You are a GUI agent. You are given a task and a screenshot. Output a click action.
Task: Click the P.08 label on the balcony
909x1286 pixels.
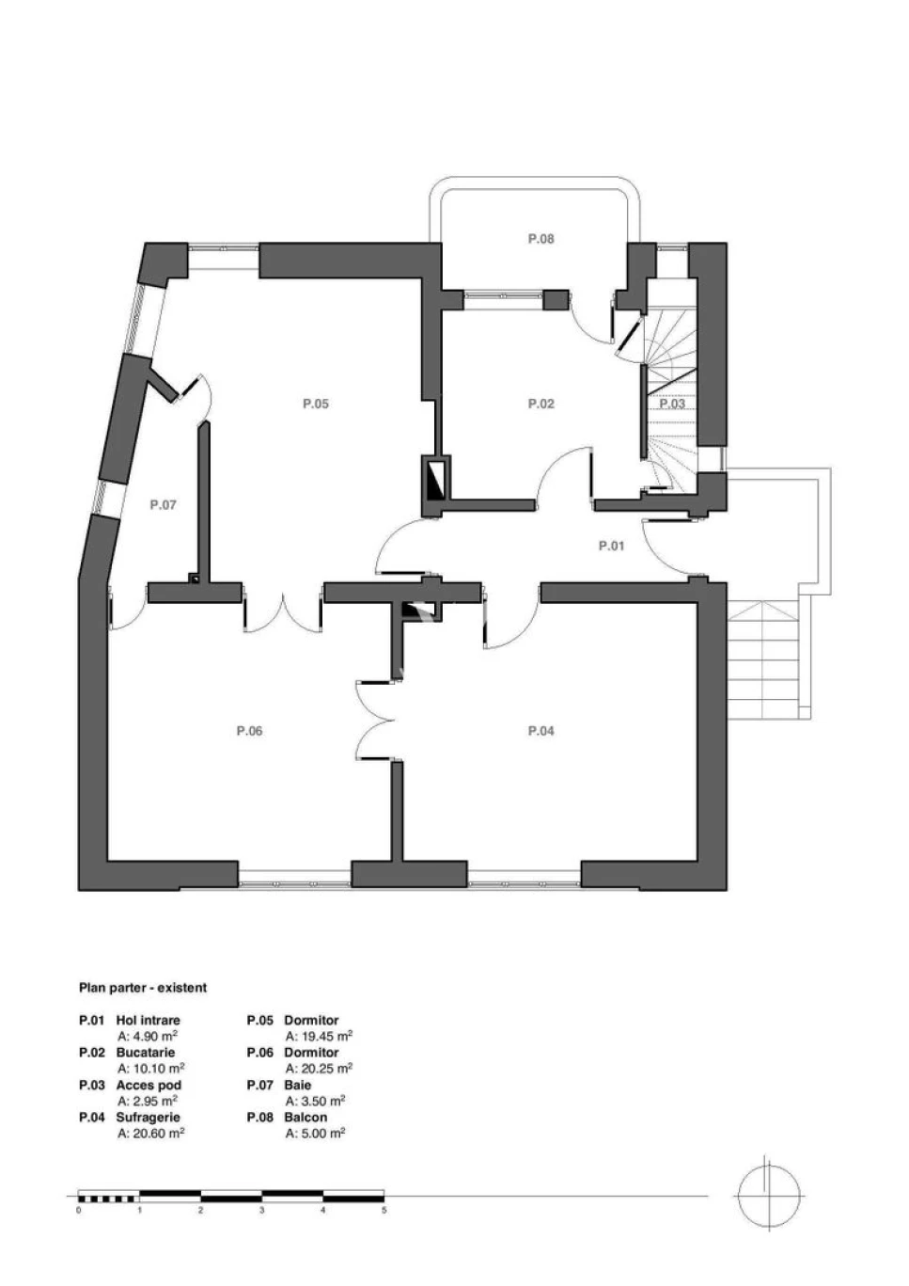tap(541, 238)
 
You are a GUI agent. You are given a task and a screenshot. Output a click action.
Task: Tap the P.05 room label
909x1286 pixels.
tap(316, 404)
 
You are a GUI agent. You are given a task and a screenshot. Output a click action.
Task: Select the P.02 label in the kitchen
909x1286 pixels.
tap(541, 404)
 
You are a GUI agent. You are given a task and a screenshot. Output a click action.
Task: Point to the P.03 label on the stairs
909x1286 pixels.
tap(671, 403)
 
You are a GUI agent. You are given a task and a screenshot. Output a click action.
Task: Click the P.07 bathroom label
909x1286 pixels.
tap(163, 504)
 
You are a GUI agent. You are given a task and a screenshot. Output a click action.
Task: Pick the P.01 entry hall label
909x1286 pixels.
tap(611, 546)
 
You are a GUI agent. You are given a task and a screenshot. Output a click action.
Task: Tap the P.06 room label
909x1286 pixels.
tap(249, 731)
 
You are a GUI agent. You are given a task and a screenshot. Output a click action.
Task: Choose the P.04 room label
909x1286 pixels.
tap(541, 731)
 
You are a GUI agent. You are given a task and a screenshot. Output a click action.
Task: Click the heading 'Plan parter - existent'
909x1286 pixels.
tap(143, 988)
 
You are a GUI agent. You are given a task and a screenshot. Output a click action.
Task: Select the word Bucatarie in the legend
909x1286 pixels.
tap(146, 1053)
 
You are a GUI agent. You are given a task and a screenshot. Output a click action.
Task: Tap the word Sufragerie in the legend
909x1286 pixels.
tap(148, 1117)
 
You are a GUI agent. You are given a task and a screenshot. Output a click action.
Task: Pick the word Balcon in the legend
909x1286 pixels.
tap(306, 1117)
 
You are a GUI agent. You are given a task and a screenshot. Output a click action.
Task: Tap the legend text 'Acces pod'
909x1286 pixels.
tap(149, 1085)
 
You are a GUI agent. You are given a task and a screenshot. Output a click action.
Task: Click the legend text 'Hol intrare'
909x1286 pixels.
tap(148, 1020)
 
